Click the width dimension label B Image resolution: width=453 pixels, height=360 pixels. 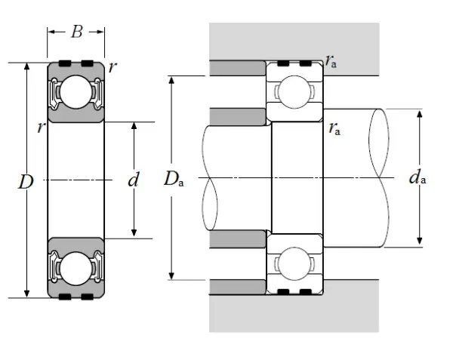tap(76, 32)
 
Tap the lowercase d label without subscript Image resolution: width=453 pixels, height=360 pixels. tap(134, 180)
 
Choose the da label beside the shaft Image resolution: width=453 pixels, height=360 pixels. tap(417, 178)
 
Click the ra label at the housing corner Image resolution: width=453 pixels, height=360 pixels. tap(331, 60)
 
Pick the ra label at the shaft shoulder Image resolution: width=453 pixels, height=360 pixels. tap(334, 128)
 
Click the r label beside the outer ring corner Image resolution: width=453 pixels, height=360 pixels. tap(112, 66)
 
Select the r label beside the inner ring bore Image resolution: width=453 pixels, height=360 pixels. tap(41, 127)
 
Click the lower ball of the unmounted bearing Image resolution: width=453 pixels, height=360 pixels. tap(75, 267)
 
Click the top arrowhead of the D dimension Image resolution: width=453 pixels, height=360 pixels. tap(27, 66)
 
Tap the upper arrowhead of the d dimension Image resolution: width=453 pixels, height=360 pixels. tap(134, 125)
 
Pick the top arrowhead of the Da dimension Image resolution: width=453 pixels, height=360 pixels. tap(172, 80)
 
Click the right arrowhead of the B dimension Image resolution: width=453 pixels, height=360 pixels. tap(100, 32)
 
